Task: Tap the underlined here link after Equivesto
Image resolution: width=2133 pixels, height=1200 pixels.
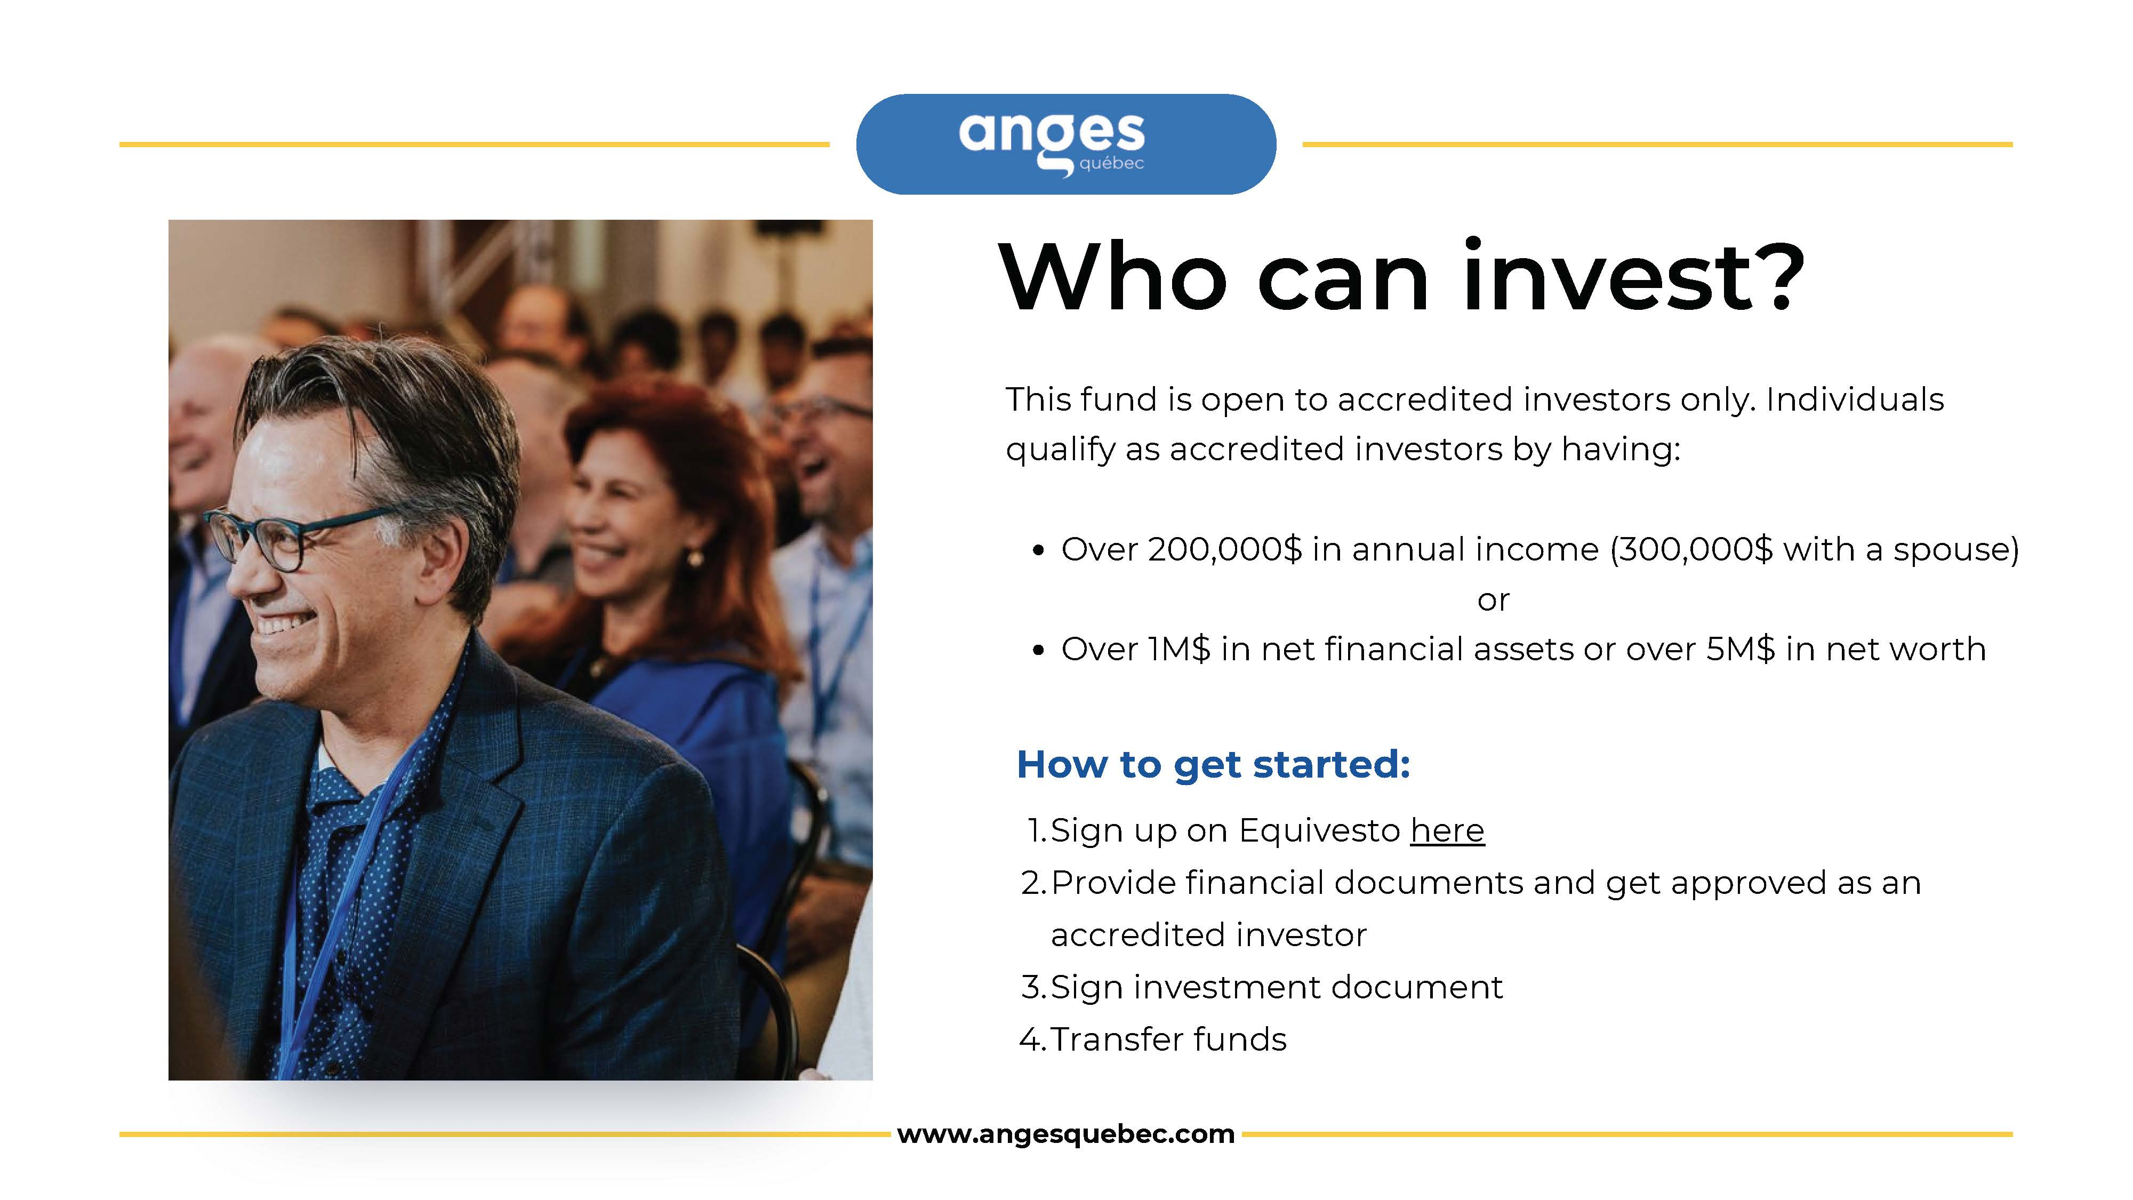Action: [1447, 830]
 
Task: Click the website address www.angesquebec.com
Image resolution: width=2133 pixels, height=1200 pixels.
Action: [1065, 1134]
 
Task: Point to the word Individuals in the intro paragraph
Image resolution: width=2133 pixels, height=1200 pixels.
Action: [1855, 399]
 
